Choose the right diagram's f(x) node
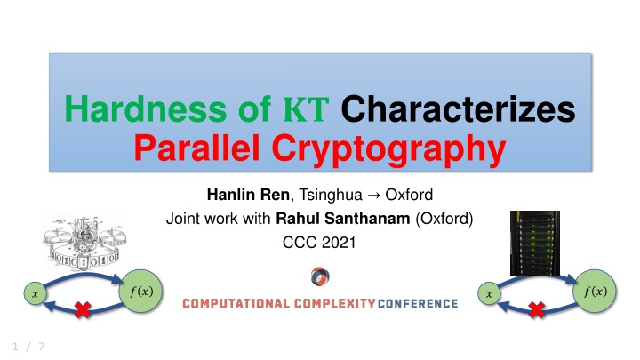click(590, 289)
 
